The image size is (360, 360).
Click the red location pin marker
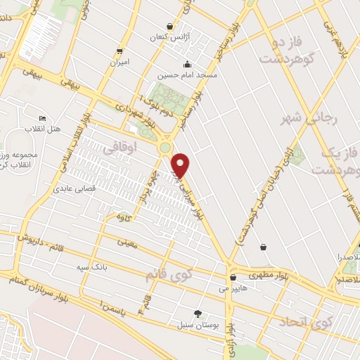[181, 165]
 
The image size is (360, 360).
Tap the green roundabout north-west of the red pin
[165, 147]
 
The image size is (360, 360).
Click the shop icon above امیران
[120, 51]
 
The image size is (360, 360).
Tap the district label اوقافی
[117, 149]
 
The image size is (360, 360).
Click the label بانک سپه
[91, 267]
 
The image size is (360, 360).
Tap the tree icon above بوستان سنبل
[198, 314]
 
